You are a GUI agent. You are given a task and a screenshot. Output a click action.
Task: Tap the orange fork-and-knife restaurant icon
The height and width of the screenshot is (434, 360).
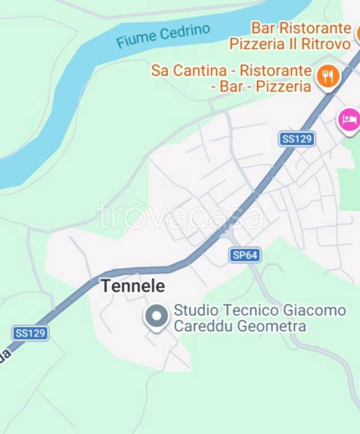pos(327,77)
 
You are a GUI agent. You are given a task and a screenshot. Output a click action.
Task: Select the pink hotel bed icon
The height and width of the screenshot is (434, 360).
pos(349,120)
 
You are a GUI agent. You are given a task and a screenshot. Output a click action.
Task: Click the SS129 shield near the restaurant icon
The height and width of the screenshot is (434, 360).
pos(297,139)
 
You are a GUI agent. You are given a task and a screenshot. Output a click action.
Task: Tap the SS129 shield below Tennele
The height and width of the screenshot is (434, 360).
pos(30,333)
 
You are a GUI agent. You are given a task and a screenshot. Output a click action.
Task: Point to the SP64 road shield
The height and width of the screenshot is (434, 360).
pos(245,255)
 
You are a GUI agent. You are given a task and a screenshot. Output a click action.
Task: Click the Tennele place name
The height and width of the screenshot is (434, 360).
pos(133,286)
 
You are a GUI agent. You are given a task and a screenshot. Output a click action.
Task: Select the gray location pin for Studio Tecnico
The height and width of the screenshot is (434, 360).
pos(157,317)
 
